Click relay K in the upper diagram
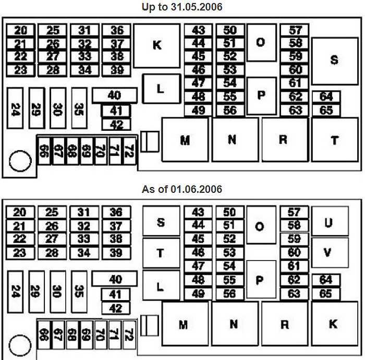pos(157,46)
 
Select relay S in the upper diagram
pos(335,61)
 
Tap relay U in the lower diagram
pos(330,221)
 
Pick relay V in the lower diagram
pos(330,253)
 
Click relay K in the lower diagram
pos(335,324)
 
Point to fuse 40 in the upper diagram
pos(115,95)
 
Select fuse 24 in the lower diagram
pos(15,292)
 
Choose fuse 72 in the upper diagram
pos(130,151)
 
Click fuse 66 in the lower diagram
pos(44,335)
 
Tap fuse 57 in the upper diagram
pos(295,30)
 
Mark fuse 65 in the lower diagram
pos(326,294)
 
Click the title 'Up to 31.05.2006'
pos(182,7)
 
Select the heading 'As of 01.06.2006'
pos(182,189)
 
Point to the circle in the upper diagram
pos(20,161)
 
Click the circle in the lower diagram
pos(20,345)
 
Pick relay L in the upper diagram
pos(162,89)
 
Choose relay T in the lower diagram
pos(161,253)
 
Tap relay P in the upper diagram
pos(262,96)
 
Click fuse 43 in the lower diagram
pos(198,212)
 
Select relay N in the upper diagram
pos(235,140)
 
